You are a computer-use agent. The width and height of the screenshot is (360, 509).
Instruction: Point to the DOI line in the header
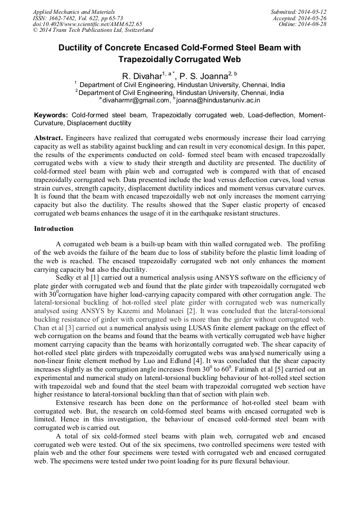[87, 24]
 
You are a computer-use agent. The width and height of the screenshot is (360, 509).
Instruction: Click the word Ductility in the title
[77, 48]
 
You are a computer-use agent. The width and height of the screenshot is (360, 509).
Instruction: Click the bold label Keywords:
[51, 115]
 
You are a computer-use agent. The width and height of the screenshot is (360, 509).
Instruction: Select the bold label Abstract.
[48, 137]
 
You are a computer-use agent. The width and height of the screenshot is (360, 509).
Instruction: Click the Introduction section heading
[54, 229]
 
